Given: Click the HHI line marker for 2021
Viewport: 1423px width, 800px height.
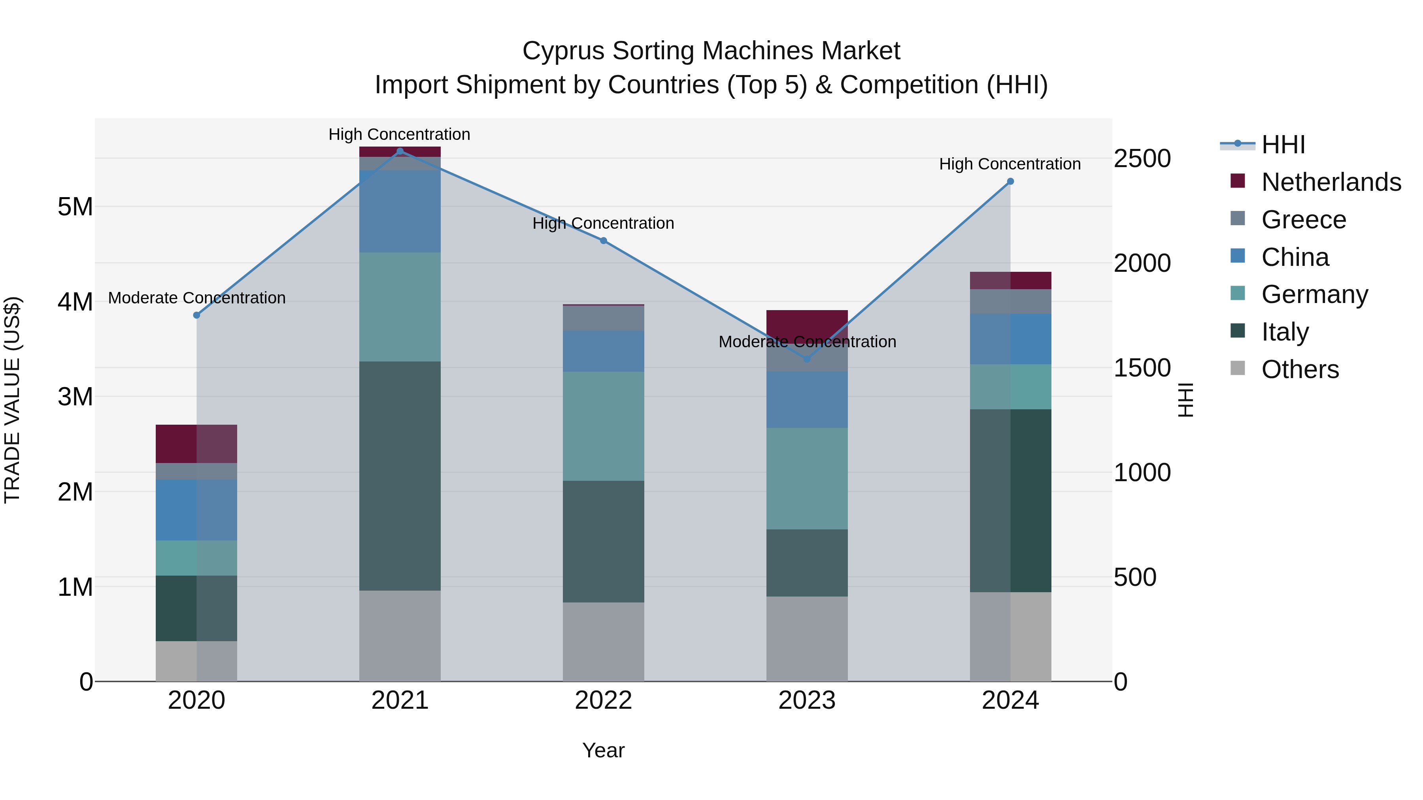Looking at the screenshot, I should (x=400, y=151).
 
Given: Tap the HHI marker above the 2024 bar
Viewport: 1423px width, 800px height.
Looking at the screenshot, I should (x=1010, y=181).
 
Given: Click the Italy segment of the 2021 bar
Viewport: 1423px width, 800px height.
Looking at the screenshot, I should (x=400, y=476).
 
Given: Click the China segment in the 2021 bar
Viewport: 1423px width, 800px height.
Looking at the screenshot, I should (x=400, y=211).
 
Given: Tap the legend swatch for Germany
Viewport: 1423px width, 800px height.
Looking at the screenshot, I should (x=1238, y=293).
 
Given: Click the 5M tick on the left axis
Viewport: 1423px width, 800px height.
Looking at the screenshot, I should (x=75, y=207).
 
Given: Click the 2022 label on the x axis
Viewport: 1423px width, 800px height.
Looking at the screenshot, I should (x=603, y=700).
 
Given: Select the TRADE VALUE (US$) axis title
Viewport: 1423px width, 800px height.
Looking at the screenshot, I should (x=12, y=400).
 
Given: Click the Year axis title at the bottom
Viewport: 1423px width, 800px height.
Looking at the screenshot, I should (x=603, y=750).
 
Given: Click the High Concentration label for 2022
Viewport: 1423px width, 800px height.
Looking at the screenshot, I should (x=603, y=223).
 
